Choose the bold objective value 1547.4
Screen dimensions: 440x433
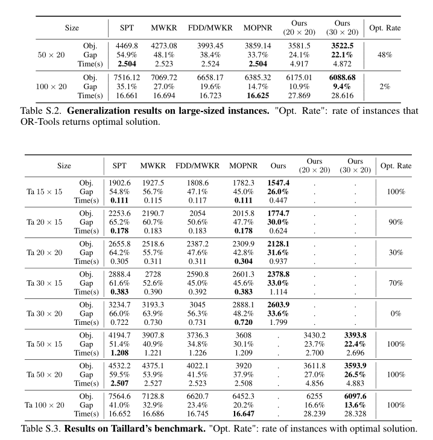[x=277, y=183]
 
